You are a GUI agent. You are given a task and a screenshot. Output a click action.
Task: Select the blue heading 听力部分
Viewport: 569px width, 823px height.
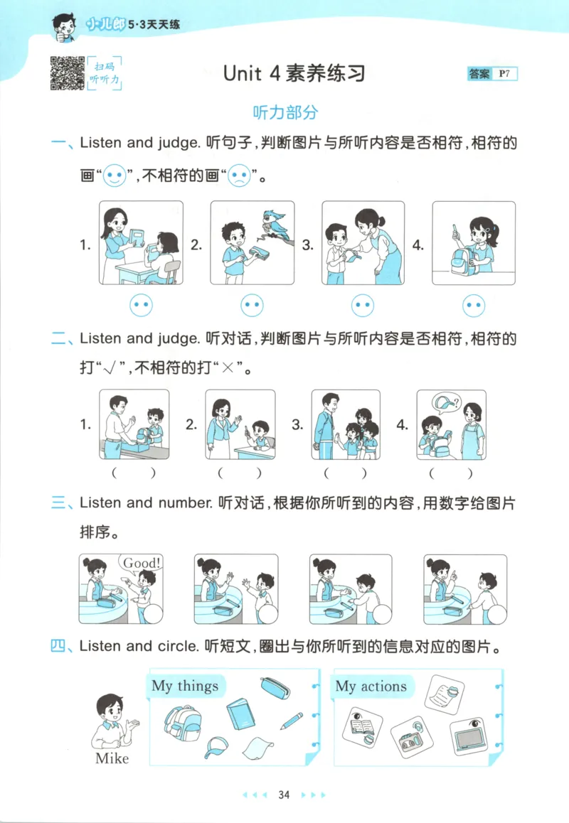[284, 112]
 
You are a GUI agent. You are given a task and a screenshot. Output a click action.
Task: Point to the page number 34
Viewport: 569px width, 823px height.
[284, 795]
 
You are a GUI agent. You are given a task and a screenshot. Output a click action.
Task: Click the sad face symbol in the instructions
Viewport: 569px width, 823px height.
[239, 176]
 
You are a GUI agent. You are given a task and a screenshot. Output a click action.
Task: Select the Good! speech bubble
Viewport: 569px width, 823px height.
[142, 563]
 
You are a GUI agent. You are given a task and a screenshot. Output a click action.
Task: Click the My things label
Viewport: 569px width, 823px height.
[185, 686]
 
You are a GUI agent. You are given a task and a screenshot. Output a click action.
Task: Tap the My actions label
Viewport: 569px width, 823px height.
[371, 686]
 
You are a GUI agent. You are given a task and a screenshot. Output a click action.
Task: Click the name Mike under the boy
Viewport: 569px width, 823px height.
[112, 758]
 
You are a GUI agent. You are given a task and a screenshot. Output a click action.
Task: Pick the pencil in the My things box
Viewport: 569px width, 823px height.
[291, 721]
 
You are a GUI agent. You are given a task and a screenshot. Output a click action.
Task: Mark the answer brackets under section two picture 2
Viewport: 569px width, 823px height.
[239, 472]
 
